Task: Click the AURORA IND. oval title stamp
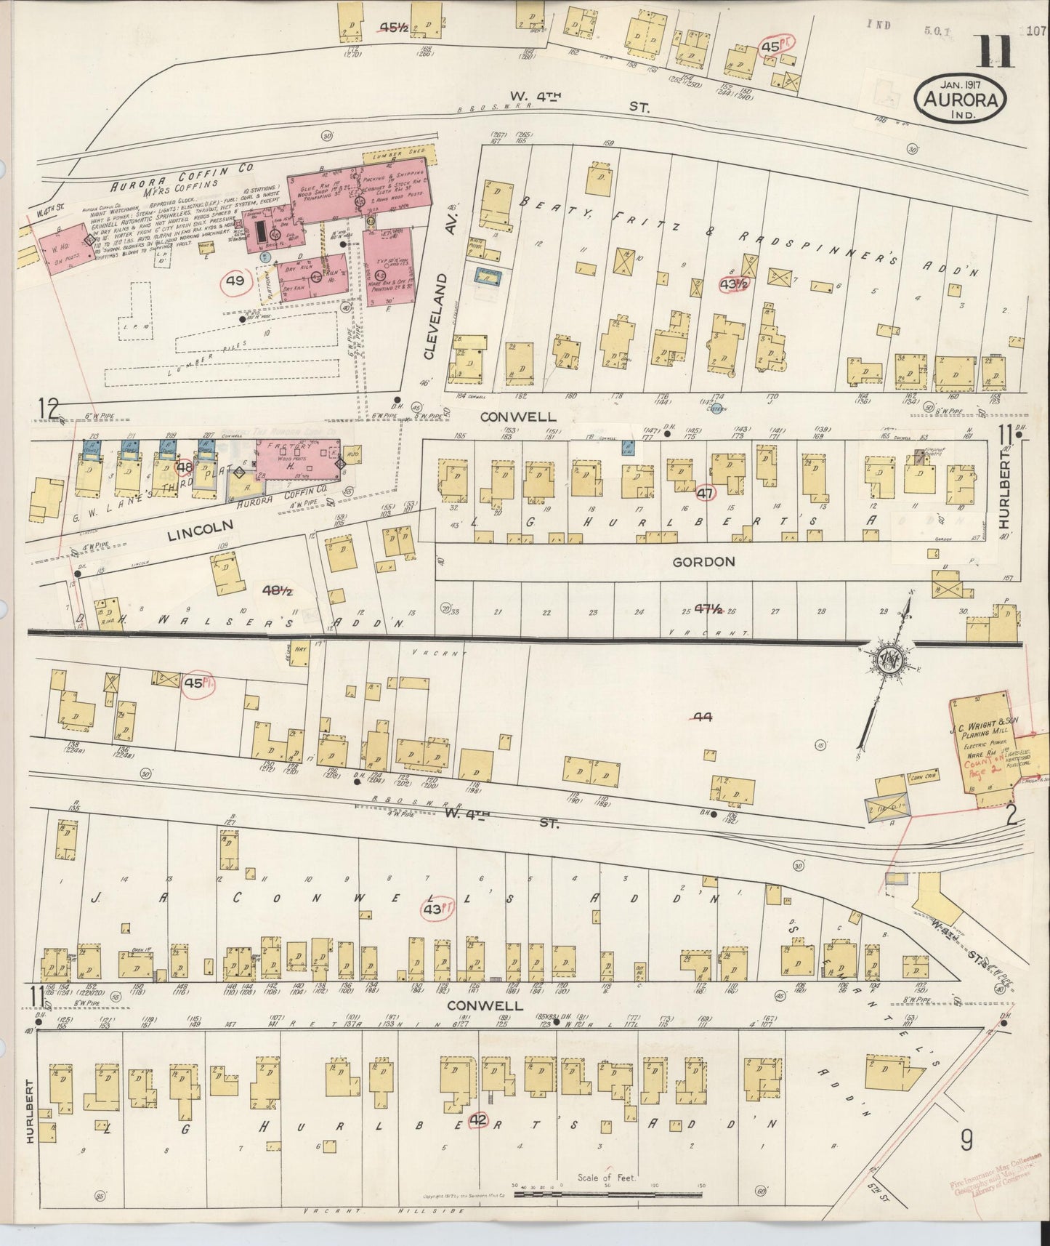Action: point(961,100)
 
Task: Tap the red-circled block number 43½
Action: point(732,284)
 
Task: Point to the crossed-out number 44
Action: point(702,717)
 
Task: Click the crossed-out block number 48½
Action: point(277,592)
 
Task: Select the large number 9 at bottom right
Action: point(966,1142)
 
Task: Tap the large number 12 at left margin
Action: point(49,409)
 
